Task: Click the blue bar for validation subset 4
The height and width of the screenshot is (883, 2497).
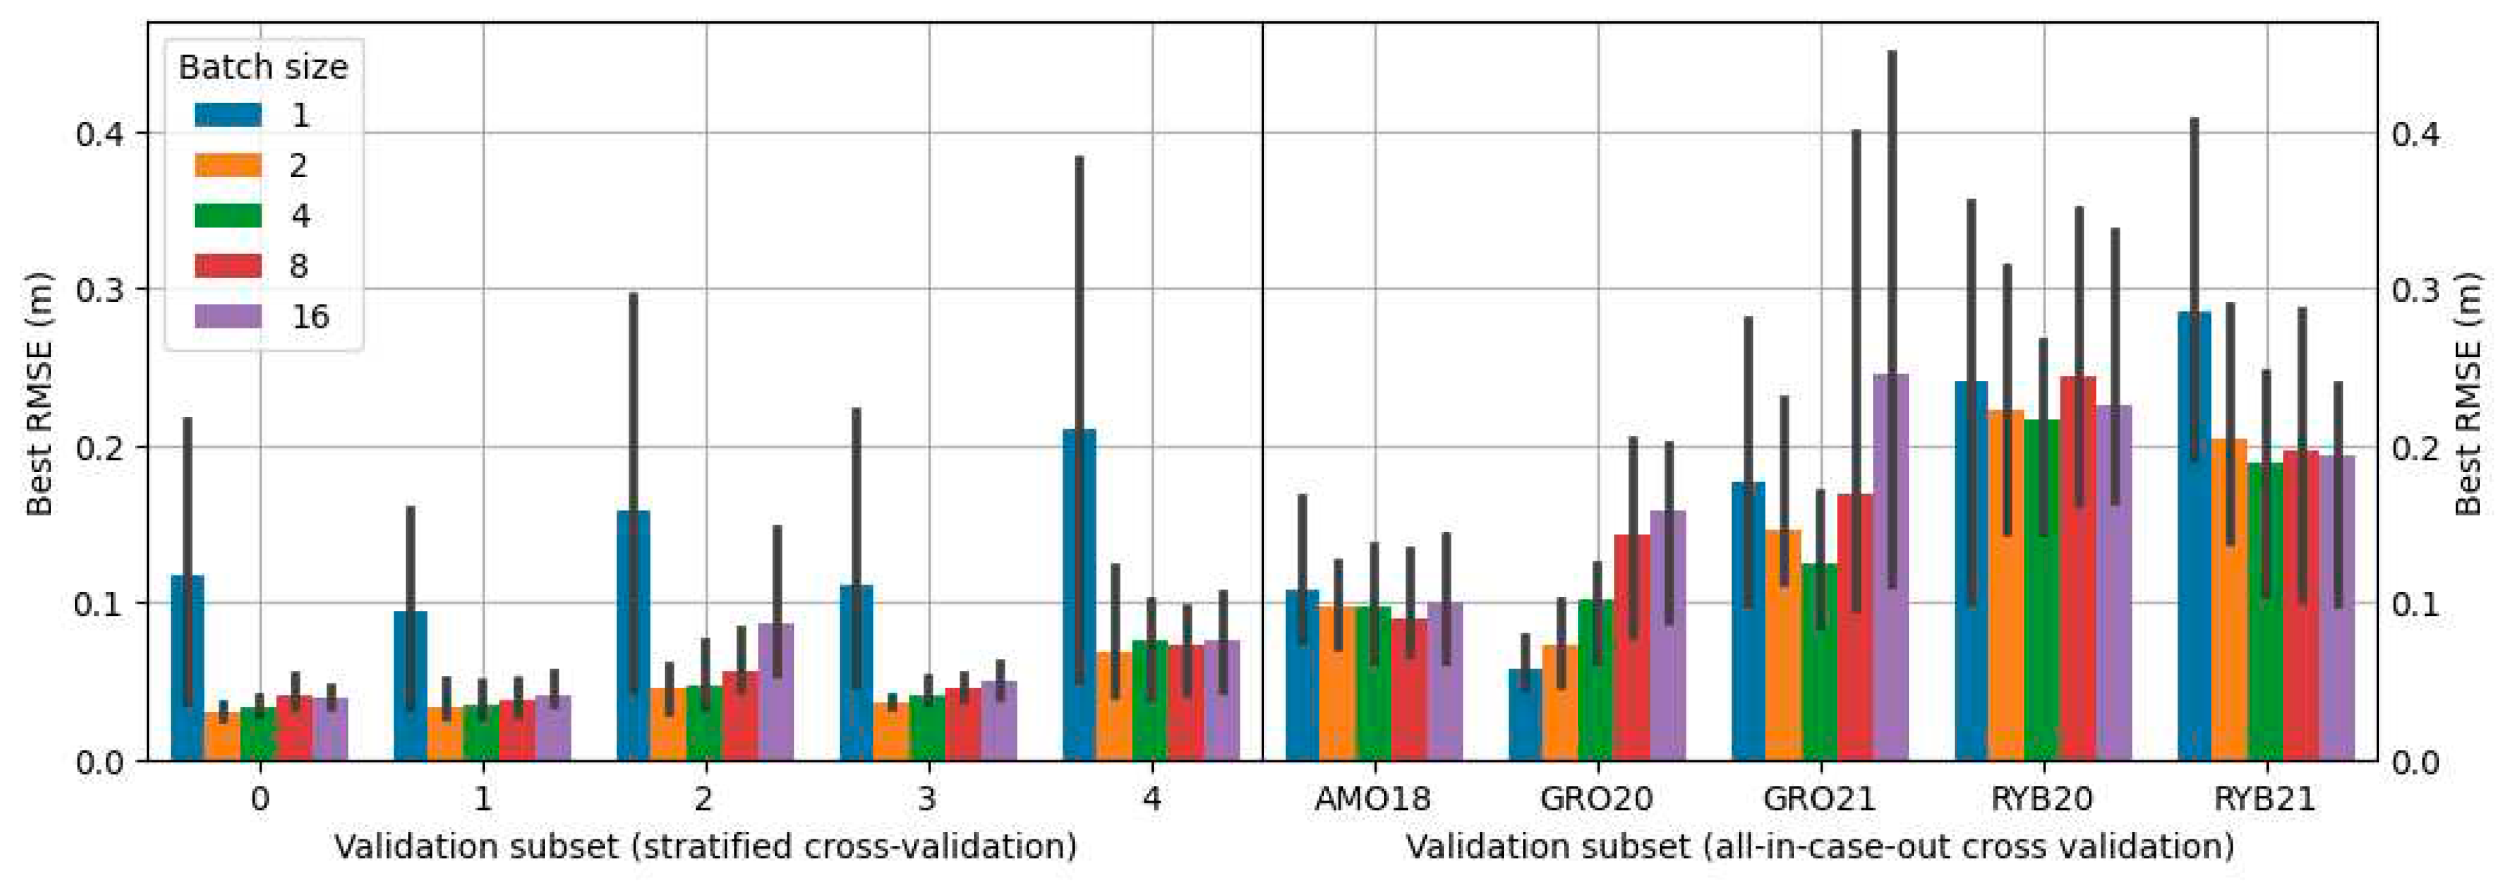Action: click(x=1079, y=601)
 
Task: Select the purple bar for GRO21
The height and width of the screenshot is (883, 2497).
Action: click(x=1890, y=572)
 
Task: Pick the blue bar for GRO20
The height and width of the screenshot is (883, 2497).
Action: click(x=1525, y=717)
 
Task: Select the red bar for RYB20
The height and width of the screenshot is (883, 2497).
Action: click(x=2078, y=572)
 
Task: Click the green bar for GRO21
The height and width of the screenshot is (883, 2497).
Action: click(x=1819, y=669)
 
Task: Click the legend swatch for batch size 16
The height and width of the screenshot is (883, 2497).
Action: click(x=227, y=317)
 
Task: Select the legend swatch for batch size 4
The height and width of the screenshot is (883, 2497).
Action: click(x=227, y=216)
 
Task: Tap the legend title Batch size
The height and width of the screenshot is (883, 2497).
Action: click(x=263, y=67)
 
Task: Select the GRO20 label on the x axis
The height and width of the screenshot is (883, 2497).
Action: click(x=1597, y=800)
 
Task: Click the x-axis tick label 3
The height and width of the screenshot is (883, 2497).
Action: click(x=928, y=800)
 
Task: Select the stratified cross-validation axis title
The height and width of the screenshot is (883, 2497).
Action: click(x=706, y=847)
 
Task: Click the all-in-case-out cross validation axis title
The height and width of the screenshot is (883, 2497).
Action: click(x=1819, y=847)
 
